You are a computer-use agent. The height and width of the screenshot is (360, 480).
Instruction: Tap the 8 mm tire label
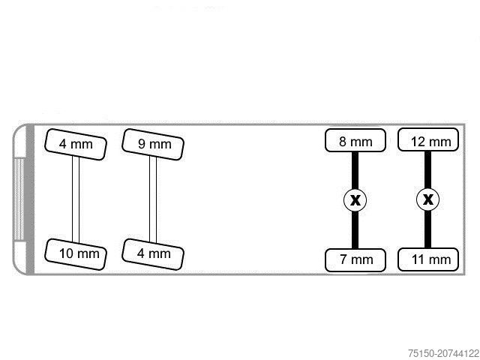point(355,141)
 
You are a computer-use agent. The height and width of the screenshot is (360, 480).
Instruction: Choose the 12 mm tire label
point(427,141)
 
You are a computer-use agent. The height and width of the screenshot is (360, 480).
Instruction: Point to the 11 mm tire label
point(427,259)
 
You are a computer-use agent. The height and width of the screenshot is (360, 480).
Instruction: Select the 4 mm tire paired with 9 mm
point(154,253)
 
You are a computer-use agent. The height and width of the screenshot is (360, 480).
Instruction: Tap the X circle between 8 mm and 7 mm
point(355,200)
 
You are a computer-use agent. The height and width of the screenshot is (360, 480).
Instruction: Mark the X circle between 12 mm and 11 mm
point(427,200)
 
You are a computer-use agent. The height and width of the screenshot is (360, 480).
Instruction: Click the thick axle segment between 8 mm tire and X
point(355,169)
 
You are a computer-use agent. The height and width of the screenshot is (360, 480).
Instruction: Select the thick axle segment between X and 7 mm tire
point(355,230)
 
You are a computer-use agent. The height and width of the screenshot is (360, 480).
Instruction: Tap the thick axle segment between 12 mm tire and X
point(427,169)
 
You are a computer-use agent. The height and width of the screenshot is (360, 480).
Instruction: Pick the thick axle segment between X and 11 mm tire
point(427,230)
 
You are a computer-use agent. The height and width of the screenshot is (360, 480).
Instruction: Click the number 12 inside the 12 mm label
point(418,141)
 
